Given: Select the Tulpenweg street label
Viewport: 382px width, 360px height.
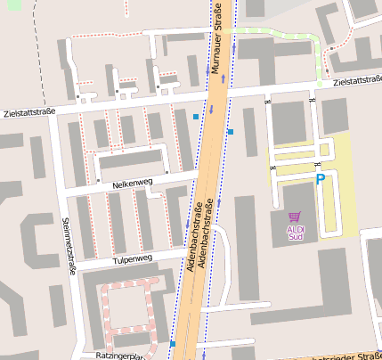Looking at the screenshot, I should click(x=133, y=259).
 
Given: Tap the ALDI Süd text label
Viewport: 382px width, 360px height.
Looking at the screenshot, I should click(x=296, y=233).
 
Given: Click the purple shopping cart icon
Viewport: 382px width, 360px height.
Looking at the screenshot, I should click(x=296, y=217).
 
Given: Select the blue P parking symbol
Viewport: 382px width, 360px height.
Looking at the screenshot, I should click(x=321, y=180).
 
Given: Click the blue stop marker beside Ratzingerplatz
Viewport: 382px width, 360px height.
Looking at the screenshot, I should click(x=173, y=344).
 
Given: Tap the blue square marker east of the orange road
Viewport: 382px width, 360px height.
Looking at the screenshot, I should click(x=230, y=132).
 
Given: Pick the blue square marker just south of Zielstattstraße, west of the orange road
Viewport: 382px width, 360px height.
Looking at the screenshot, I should click(x=196, y=117).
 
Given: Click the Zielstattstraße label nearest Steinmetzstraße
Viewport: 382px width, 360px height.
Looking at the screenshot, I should click(x=28, y=113).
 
